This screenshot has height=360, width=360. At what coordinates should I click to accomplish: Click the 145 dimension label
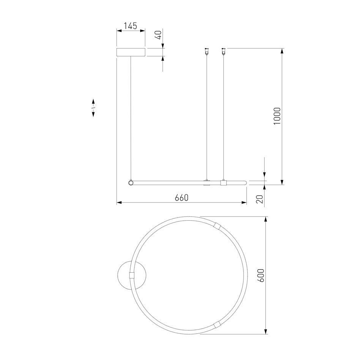130,26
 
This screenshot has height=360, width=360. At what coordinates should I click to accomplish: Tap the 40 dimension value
159,35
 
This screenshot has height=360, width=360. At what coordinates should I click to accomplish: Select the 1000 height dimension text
277,116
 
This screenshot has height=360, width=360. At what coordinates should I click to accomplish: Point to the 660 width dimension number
182,197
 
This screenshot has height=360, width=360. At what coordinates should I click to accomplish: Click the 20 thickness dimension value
259,199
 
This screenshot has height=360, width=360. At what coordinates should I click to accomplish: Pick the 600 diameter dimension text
261,275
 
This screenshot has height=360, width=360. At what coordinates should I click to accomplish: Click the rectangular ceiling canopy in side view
131,52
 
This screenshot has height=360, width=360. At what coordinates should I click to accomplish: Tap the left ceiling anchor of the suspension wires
207,51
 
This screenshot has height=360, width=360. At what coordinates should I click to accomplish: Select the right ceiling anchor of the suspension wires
223,51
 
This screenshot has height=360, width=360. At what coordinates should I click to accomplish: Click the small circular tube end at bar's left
131,183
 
